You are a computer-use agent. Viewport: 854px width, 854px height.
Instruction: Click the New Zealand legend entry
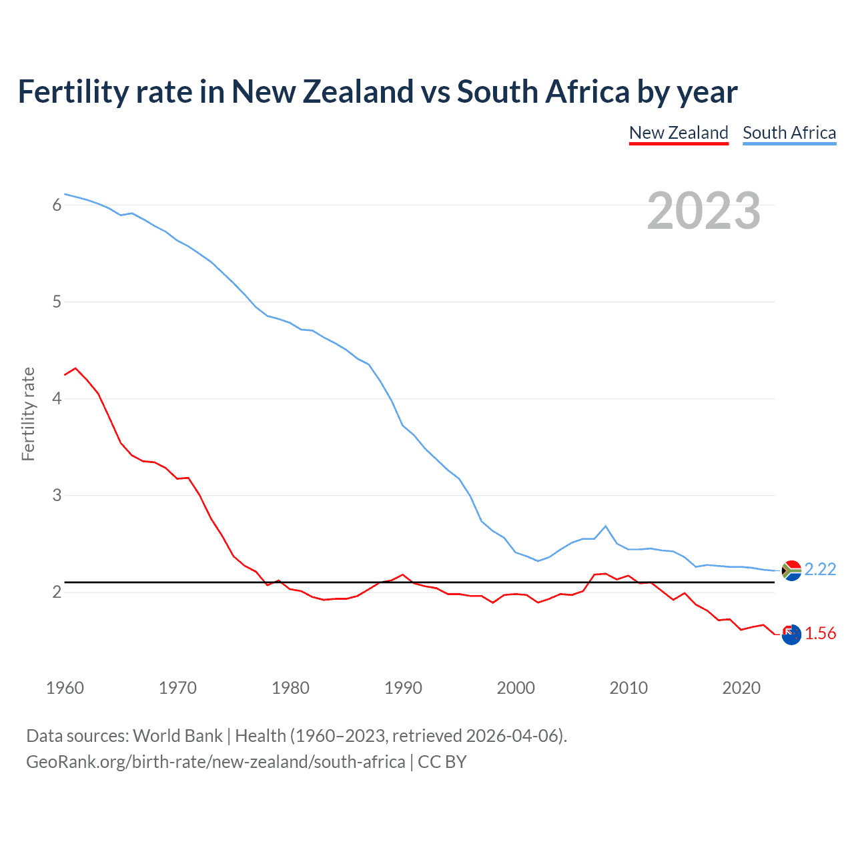pos(679,133)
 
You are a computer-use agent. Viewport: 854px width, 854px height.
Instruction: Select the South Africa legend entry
pos(789,133)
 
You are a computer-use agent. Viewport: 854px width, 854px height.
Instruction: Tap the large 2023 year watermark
pos(703,211)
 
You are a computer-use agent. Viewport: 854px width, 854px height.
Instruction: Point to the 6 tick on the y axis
pos(57,205)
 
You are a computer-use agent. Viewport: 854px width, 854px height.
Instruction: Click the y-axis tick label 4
pos(57,398)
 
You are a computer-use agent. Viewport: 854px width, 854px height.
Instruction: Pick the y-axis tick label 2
pos(57,592)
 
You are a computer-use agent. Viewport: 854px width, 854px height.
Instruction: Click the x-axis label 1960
pos(65,688)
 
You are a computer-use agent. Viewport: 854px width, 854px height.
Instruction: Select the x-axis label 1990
pos(403,688)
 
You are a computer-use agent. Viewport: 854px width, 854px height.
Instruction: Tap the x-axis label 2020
pos(741,688)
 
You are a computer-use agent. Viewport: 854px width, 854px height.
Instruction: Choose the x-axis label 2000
pos(516,688)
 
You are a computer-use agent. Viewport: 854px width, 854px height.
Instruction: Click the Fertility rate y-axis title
pos(28,414)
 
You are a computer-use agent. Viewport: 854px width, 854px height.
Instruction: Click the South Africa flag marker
pos(791,570)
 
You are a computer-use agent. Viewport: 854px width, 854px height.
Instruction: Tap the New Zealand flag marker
pos(791,634)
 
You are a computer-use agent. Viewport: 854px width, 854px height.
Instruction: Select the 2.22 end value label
pos(820,569)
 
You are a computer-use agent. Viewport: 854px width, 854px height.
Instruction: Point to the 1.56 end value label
pos(820,633)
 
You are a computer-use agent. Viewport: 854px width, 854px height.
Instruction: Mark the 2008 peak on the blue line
pos(606,526)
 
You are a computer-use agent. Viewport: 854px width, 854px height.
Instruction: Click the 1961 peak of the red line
pos(75,368)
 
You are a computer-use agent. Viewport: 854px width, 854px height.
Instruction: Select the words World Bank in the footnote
pos(177,736)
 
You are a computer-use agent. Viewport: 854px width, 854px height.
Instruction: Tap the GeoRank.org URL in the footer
pos(216,762)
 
